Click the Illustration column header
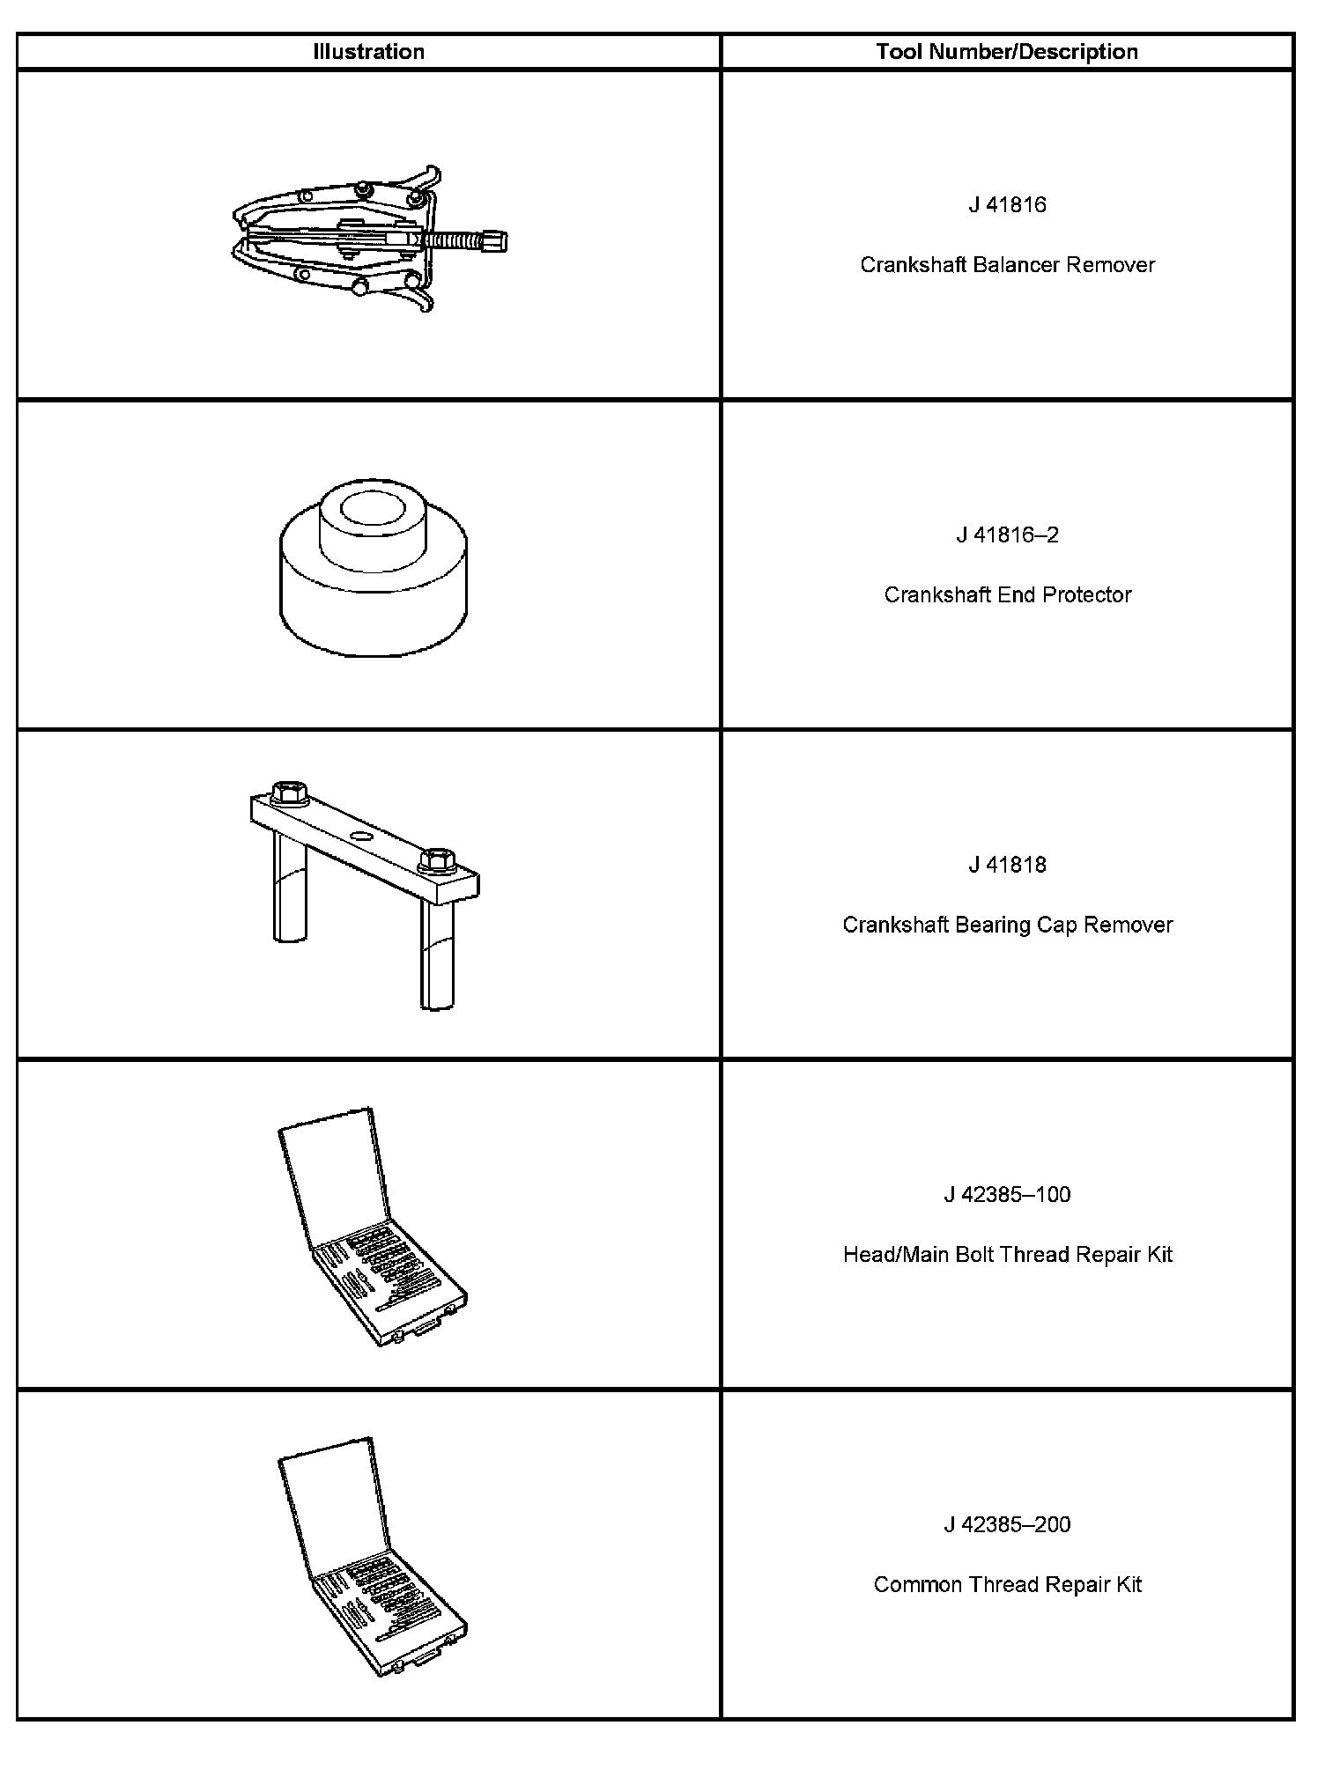point(368,52)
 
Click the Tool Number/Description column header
point(1006,52)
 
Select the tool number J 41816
point(1007,205)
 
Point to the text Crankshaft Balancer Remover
point(1007,265)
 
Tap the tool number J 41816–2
point(1007,535)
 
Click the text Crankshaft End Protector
point(1007,595)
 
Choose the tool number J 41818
point(1007,865)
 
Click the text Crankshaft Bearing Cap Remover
point(1007,925)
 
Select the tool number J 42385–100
point(1007,1195)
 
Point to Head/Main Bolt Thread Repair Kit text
point(1007,1255)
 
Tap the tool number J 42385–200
point(1007,1524)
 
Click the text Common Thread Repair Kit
point(1007,1585)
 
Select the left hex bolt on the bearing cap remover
point(288,792)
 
